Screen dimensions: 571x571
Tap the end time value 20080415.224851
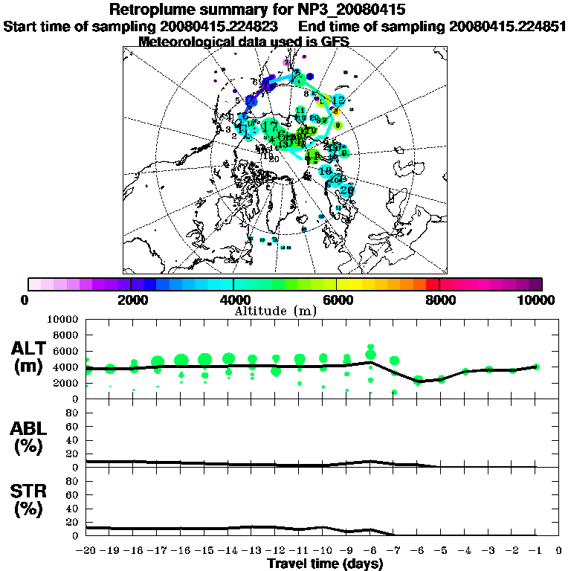tap(508, 26)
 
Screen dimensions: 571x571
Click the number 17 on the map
tap(269, 126)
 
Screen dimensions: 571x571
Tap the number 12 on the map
tap(338, 100)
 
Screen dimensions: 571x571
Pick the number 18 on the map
tap(325, 170)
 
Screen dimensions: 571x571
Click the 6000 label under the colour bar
tap(337, 300)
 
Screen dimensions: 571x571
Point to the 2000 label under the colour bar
tap(131, 300)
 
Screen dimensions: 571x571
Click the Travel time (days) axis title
tap(325, 564)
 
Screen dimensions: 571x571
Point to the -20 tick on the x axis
tap(86, 552)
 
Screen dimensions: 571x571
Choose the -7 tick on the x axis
tap(393, 552)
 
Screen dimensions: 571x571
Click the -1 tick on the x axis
tap(535, 552)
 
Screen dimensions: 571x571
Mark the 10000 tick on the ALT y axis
tap(63, 319)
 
